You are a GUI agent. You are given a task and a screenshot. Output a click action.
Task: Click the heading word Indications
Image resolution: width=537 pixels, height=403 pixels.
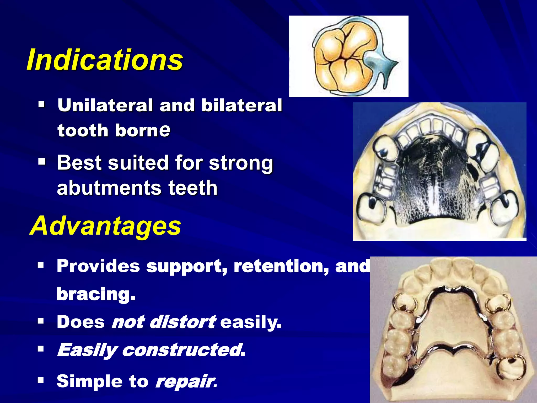(104, 60)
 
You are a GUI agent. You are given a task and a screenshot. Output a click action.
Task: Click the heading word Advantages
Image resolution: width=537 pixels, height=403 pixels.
(105, 226)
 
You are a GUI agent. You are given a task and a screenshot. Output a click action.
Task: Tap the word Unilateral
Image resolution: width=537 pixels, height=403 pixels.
(105, 105)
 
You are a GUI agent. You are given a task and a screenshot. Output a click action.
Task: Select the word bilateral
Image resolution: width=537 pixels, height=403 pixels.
(241, 105)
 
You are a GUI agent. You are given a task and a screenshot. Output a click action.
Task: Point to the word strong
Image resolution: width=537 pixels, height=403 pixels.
(241, 163)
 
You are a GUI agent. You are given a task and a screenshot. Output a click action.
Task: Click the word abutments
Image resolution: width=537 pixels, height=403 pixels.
(109, 188)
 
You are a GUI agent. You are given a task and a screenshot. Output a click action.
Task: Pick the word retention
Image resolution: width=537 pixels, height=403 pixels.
(281, 266)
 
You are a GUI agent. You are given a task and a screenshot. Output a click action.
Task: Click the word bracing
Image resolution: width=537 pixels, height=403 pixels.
(96, 294)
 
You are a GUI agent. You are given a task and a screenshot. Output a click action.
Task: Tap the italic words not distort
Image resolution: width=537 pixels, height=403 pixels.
(164, 322)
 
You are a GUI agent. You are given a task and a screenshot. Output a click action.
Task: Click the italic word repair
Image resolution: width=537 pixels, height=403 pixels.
(185, 381)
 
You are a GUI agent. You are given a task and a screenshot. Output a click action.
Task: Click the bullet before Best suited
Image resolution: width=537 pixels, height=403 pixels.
(41, 161)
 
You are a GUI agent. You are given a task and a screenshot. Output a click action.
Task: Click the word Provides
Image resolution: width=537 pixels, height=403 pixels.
(98, 266)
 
